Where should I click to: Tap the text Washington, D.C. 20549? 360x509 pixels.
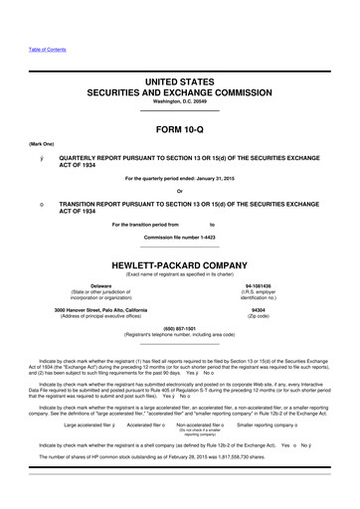pos(179,103)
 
